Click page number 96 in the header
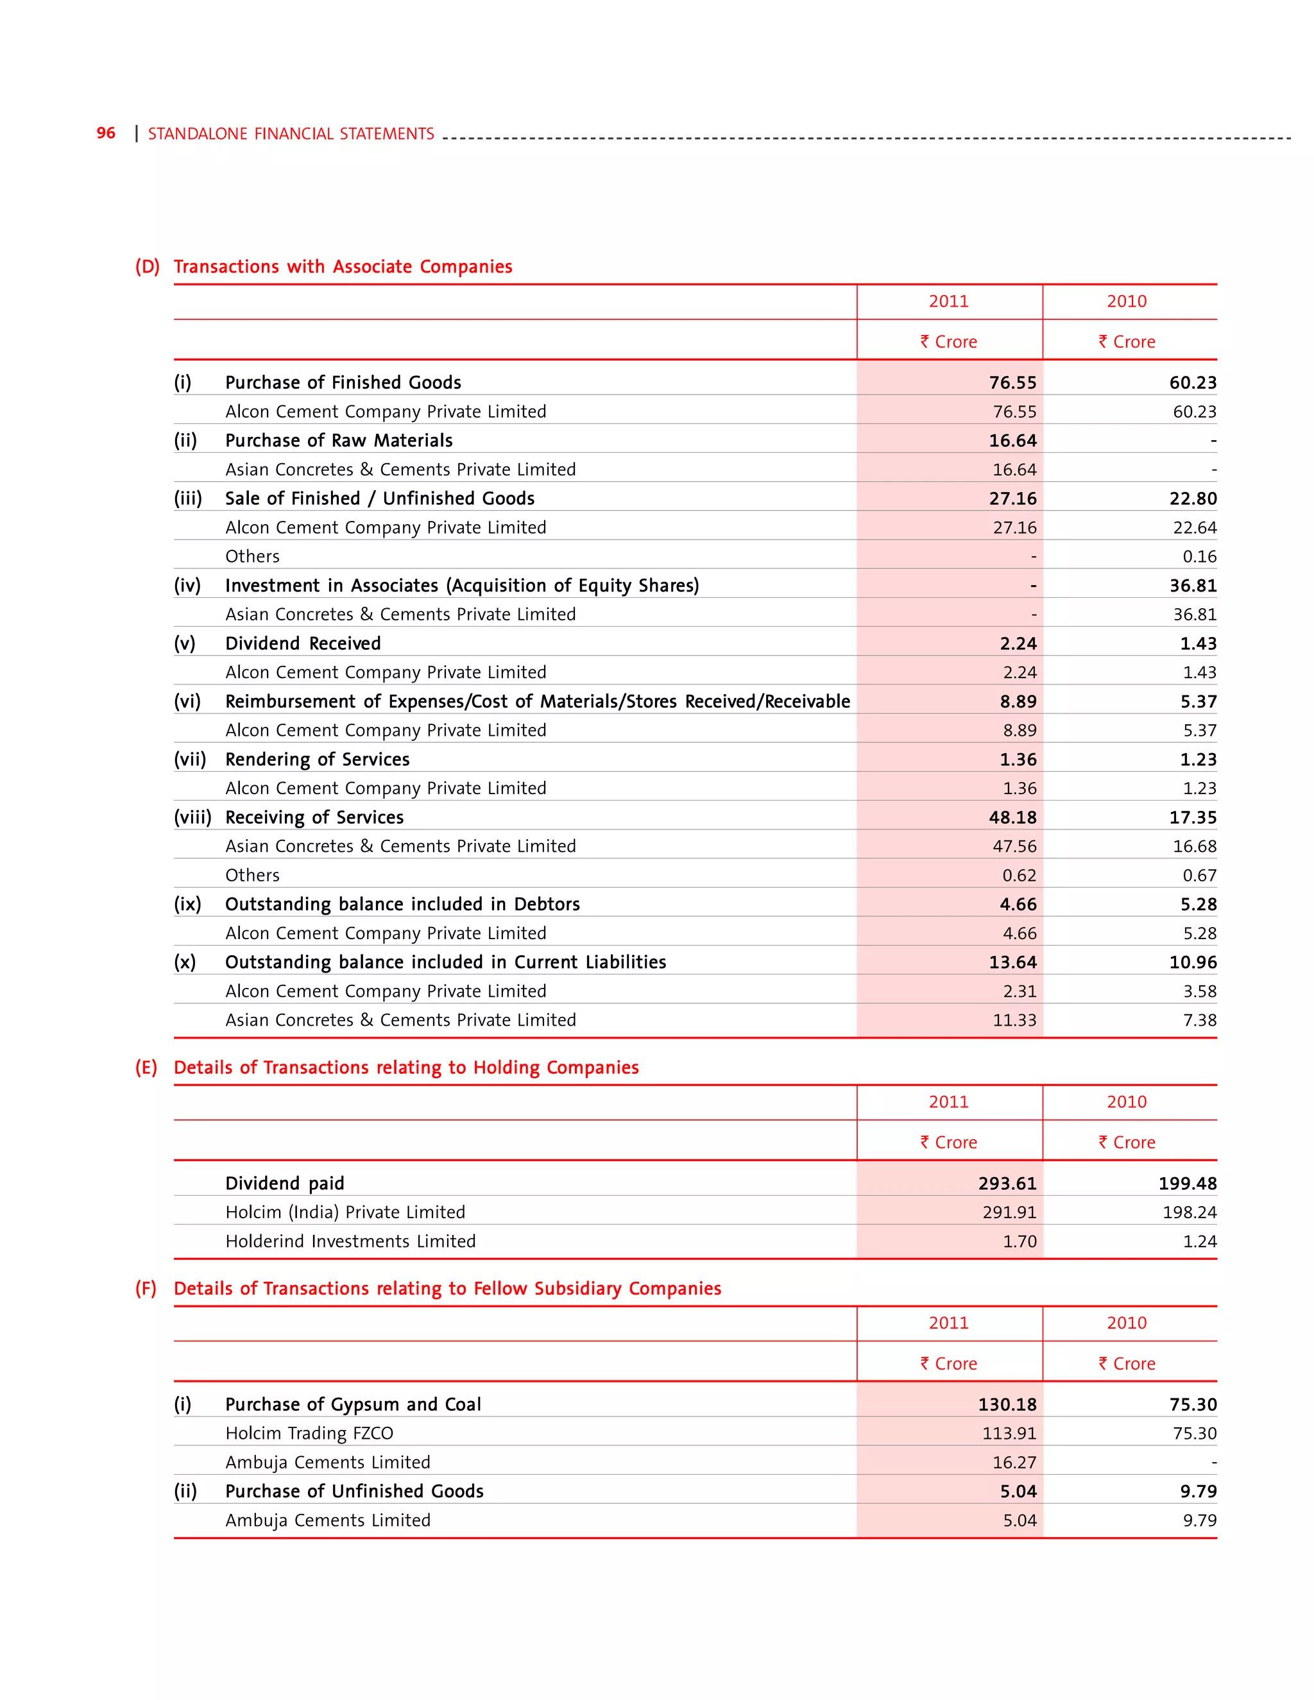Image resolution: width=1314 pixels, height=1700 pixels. pyautogui.click(x=106, y=133)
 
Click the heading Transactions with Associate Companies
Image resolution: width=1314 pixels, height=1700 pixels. pyautogui.click(x=343, y=267)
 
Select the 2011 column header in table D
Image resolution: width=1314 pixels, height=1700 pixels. pyautogui.click(x=948, y=302)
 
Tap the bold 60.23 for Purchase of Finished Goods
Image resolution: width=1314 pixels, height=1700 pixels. pyautogui.click(x=1193, y=383)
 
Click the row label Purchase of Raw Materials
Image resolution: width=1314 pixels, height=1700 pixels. pyautogui.click(x=339, y=441)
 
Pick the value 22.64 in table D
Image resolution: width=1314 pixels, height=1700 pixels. pyautogui.click(x=1194, y=528)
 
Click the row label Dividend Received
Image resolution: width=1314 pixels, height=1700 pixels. pyautogui.click(x=303, y=643)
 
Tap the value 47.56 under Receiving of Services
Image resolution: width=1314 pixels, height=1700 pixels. pyautogui.click(x=1014, y=846)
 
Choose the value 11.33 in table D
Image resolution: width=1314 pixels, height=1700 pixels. pyautogui.click(x=1014, y=1021)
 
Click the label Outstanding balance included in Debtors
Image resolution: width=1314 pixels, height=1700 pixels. pyautogui.click(x=402, y=905)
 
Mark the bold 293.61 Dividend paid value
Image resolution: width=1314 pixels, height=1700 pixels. pyautogui.click(x=1007, y=1184)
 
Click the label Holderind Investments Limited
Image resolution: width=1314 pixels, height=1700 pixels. pyautogui.click(x=350, y=1241)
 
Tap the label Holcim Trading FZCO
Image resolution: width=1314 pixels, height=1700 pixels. pyautogui.click(x=309, y=1434)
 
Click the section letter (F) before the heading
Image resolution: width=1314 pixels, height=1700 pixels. pyautogui.click(x=146, y=1289)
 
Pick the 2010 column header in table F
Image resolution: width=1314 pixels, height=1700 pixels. pyautogui.click(x=1127, y=1323)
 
